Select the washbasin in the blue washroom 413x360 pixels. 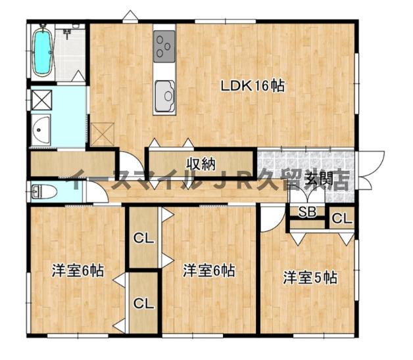[x=41, y=131]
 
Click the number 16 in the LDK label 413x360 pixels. [x=262, y=85]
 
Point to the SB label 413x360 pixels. [x=307, y=212]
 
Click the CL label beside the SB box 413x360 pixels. [x=341, y=219]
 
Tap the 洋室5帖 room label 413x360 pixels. [x=310, y=277]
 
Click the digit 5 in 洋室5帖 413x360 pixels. [x=316, y=277]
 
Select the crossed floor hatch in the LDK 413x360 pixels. [x=103, y=134]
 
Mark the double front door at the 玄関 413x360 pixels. [x=372, y=169]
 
